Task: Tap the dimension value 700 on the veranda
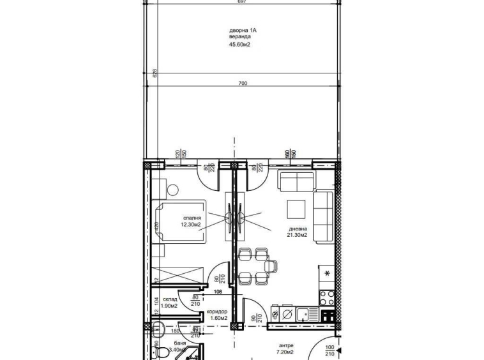243,83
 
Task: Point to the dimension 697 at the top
241,3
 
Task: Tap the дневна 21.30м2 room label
298,231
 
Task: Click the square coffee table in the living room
297,209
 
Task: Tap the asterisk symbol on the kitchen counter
328,274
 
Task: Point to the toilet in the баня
164,352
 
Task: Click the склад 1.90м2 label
169,302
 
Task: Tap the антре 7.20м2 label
285,349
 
